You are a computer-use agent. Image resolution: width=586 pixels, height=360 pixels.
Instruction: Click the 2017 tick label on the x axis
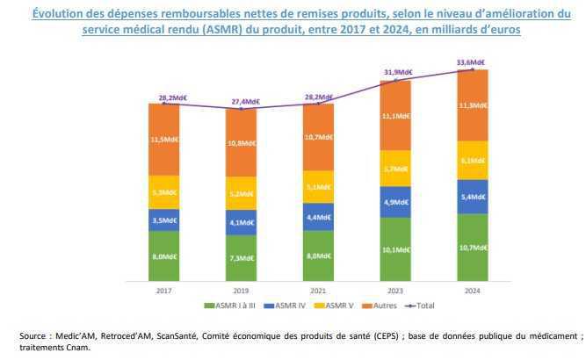(x=164, y=291)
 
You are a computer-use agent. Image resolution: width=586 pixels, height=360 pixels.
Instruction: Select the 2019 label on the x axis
(x=242, y=291)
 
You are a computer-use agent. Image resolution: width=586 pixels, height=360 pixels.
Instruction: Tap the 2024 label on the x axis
(x=473, y=291)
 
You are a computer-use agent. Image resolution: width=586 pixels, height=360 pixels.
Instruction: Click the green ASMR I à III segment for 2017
(x=164, y=256)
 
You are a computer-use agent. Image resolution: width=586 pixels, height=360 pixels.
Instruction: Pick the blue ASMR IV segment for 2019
(x=242, y=222)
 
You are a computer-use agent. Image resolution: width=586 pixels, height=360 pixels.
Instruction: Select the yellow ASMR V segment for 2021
(x=319, y=186)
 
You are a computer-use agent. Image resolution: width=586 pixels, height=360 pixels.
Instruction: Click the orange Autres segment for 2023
(x=395, y=116)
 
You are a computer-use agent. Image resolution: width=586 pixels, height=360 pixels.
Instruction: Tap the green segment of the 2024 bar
(x=473, y=248)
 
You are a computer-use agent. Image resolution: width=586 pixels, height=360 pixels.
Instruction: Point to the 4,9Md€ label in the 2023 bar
(x=397, y=202)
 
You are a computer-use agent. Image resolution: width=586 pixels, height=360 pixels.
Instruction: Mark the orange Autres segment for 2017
(x=164, y=139)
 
